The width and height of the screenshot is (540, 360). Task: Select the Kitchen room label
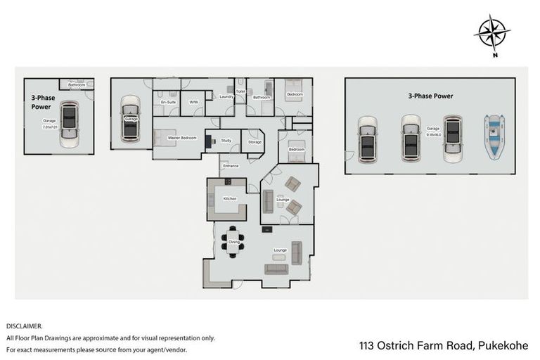[x=230, y=199]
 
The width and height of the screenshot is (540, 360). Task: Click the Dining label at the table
[x=234, y=243]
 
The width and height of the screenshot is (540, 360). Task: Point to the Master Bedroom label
[x=182, y=137]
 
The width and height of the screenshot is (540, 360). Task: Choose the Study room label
[x=226, y=141]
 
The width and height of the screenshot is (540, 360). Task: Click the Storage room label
[x=255, y=142]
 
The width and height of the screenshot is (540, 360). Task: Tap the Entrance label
[x=231, y=166]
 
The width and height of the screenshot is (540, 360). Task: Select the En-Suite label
[x=167, y=103]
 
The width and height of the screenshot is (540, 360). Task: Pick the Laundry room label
[x=226, y=96]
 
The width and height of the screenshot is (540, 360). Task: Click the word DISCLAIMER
[x=25, y=326]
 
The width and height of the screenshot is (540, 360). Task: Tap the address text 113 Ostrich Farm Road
[x=443, y=345]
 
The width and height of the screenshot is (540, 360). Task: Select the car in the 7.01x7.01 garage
[x=69, y=124]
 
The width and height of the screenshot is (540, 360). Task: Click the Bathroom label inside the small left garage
[x=77, y=85]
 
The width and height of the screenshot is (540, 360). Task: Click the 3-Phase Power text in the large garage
[x=430, y=96]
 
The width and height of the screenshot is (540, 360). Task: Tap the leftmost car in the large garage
[x=368, y=139]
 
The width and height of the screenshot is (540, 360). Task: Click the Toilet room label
[x=240, y=91]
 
